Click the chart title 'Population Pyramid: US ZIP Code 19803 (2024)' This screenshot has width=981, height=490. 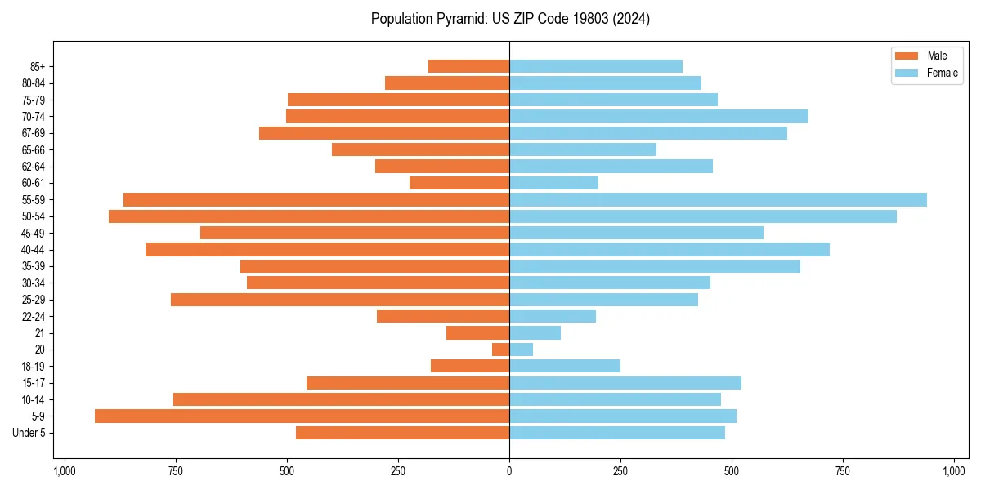click(510, 19)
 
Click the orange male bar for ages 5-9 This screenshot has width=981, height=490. click(302, 416)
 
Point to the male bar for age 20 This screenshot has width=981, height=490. click(500, 350)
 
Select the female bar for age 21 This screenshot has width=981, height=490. click(535, 333)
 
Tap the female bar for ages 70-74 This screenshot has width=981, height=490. click(658, 117)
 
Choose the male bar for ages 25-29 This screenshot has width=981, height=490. click(340, 300)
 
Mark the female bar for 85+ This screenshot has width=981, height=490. click(596, 66)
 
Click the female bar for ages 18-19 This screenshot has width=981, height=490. click(565, 366)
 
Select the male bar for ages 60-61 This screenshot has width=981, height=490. click(459, 183)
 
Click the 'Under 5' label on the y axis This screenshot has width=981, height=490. click(29, 433)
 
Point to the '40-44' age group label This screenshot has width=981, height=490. click(34, 250)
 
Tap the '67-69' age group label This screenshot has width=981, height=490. click(34, 133)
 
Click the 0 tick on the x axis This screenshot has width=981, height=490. click(509, 471)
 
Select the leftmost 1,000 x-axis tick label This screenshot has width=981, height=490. click(65, 471)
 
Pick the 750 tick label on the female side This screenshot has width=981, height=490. click(843, 471)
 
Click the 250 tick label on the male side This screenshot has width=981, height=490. click(398, 471)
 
